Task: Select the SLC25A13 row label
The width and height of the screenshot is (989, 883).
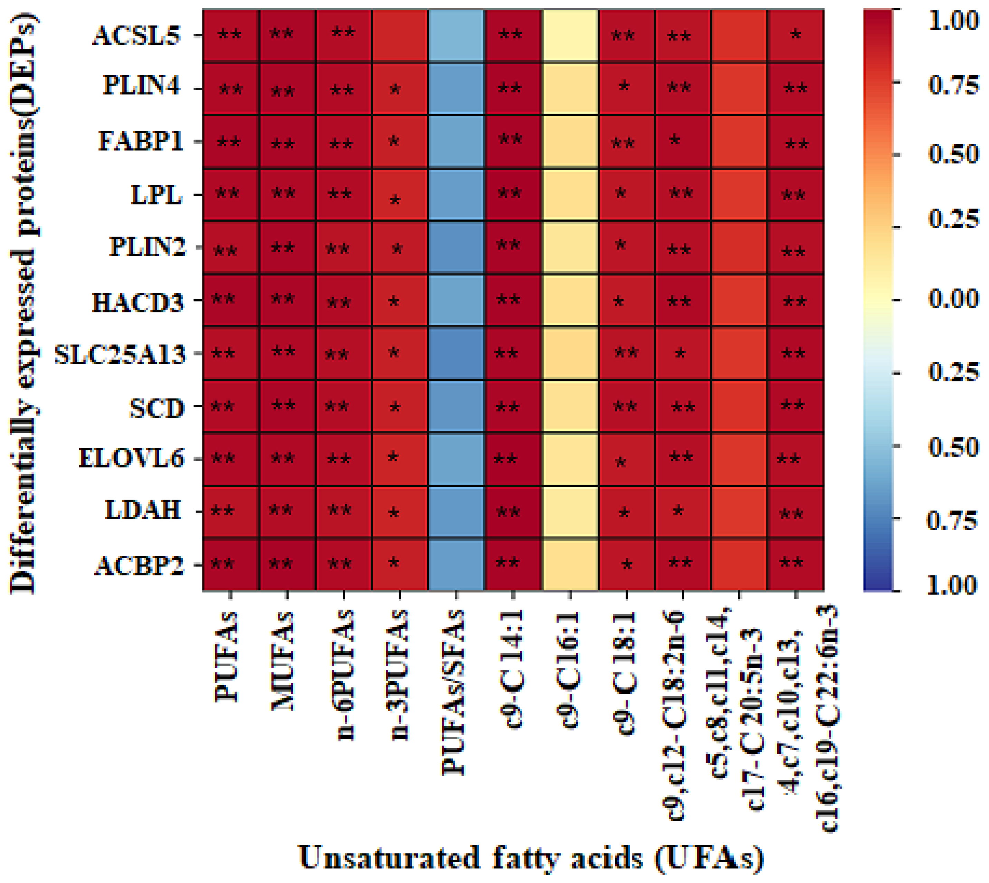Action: pyautogui.click(x=120, y=354)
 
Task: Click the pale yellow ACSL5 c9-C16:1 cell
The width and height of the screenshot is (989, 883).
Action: pyautogui.click(x=570, y=36)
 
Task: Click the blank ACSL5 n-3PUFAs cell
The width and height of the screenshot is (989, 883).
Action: pyautogui.click(x=400, y=36)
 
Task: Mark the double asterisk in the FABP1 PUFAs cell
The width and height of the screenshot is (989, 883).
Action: pyautogui.click(x=228, y=143)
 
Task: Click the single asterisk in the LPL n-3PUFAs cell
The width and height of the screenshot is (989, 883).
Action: pyautogui.click(x=395, y=200)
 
